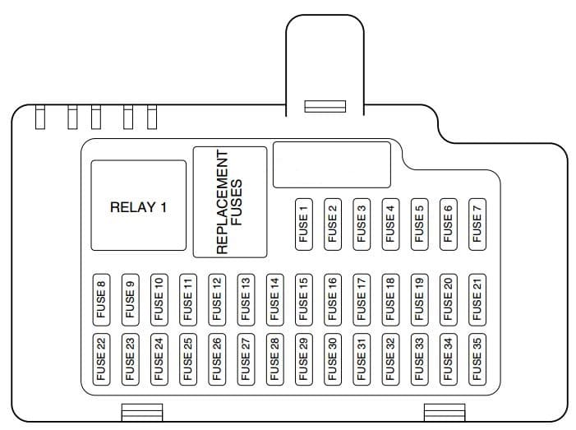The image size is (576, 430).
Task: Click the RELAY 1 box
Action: pyautogui.click(x=138, y=206)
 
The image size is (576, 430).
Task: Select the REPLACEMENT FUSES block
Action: pyautogui.click(x=230, y=201)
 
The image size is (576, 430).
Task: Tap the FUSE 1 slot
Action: pyautogui.click(x=304, y=222)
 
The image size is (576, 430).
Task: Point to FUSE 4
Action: pyautogui.click(x=390, y=222)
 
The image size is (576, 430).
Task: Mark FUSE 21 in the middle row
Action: pyautogui.click(x=477, y=299)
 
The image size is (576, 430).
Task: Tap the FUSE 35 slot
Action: pyautogui.click(x=477, y=358)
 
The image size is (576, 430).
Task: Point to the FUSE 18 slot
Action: pyautogui.click(x=390, y=299)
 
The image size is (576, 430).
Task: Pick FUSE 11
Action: pyautogui.click(x=188, y=299)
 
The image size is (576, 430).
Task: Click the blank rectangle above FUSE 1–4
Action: pyautogui.click(x=331, y=164)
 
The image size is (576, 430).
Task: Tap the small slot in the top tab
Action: pyautogui.click(x=325, y=107)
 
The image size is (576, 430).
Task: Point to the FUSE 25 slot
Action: pyautogui.click(x=188, y=358)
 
